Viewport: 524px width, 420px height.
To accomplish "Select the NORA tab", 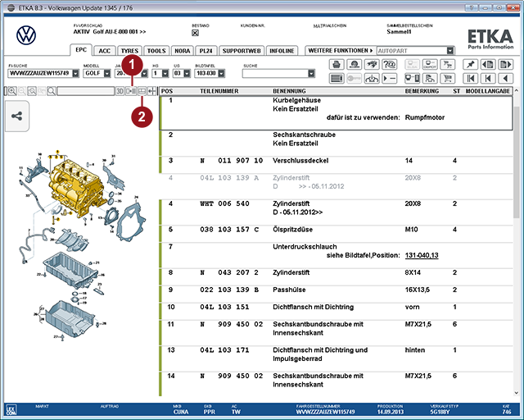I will tap(182, 50).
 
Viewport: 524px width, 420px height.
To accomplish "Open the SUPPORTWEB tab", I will tap(242, 50).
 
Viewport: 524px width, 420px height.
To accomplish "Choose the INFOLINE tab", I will tap(282, 50).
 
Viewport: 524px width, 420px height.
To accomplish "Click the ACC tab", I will tap(105, 50).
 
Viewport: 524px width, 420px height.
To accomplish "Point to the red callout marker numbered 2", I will tap(142, 116).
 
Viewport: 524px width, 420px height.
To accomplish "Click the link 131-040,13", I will tap(422, 255).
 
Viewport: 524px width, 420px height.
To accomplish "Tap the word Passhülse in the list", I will tap(291, 290).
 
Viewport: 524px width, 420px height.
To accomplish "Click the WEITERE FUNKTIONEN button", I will tap(340, 50).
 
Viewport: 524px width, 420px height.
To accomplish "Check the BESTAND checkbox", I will tap(195, 34).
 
